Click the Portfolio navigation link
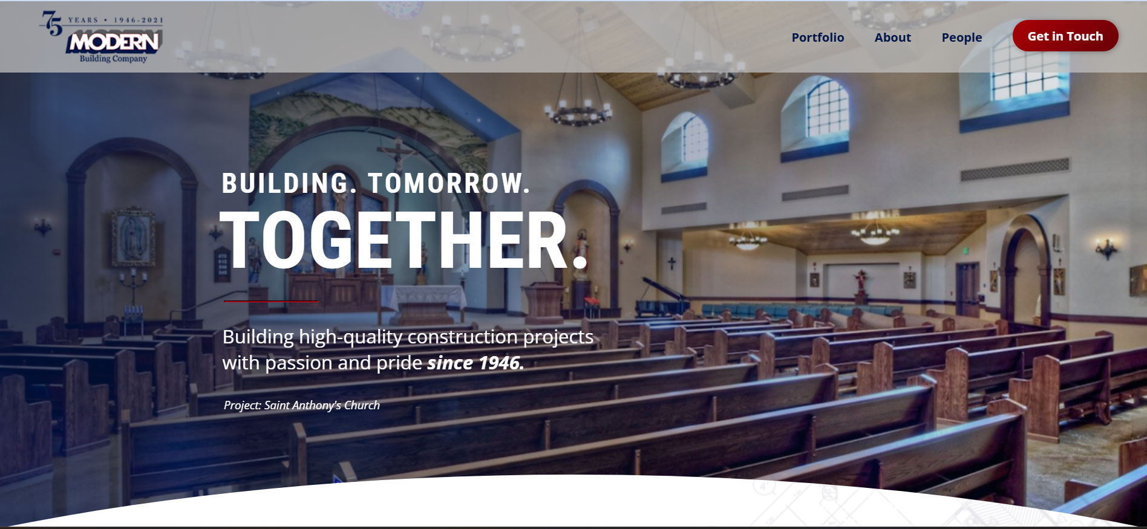pos(817,37)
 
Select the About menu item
pos(892,37)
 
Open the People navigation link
pos(961,37)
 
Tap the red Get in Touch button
pos(1065,36)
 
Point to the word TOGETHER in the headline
pos(404,240)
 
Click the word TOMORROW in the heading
pos(448,183)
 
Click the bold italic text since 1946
pos(475,363)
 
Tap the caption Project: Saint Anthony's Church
pos(302,405)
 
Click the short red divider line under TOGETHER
pos(270,300)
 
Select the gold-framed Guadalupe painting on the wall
pos(132,237)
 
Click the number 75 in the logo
pos(52,23)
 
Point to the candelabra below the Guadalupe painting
pos(133,284)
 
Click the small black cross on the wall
pos(672,264)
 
